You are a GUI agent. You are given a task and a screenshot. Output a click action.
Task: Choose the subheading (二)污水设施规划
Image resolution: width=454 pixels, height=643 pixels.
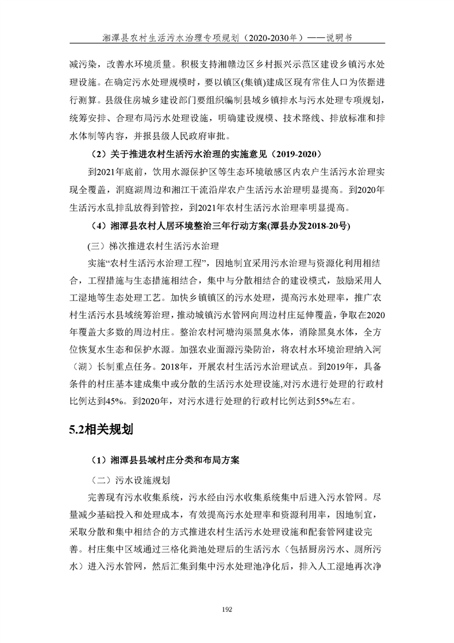coord(131,479)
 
